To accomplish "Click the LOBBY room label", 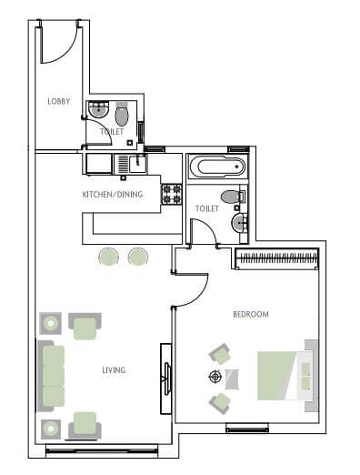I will (x=59, y=101).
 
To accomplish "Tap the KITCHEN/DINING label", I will (x=113, y=194).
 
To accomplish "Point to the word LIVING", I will (x=114, y=370).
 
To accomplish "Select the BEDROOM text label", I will (x=251, y=314).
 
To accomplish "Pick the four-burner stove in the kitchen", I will (x=172, y=194).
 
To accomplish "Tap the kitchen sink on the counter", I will (x=136, y=164).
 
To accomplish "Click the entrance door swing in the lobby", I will (x=62, y=45).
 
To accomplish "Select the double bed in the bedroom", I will (x=285, y=375).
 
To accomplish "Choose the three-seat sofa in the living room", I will (x=54, y=375).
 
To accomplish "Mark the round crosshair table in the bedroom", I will (x=215, y=377).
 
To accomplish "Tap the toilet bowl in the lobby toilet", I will (x=122, y=116).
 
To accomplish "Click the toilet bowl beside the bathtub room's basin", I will (x=230, y=196).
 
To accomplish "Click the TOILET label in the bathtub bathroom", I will (x=207, y=209).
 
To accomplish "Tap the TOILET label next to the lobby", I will (x=112, y=132).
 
